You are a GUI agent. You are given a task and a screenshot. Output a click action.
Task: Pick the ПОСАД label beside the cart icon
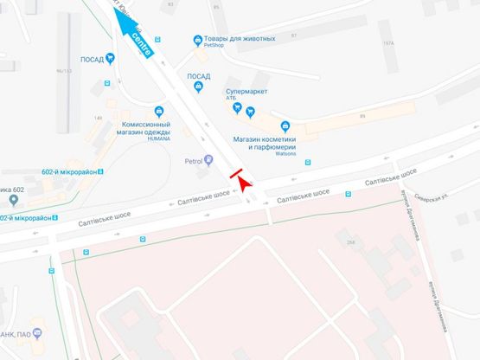pos(92,59)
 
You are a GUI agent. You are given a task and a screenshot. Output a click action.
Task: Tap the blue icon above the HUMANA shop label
pos(159,111)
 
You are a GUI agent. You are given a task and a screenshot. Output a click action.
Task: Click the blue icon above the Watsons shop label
pos(286,127)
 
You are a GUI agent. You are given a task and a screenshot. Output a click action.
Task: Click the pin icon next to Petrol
pos(208,160)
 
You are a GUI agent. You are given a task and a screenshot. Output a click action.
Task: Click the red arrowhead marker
pos(245,184)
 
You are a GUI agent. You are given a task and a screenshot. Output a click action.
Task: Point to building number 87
pos(294,35)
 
